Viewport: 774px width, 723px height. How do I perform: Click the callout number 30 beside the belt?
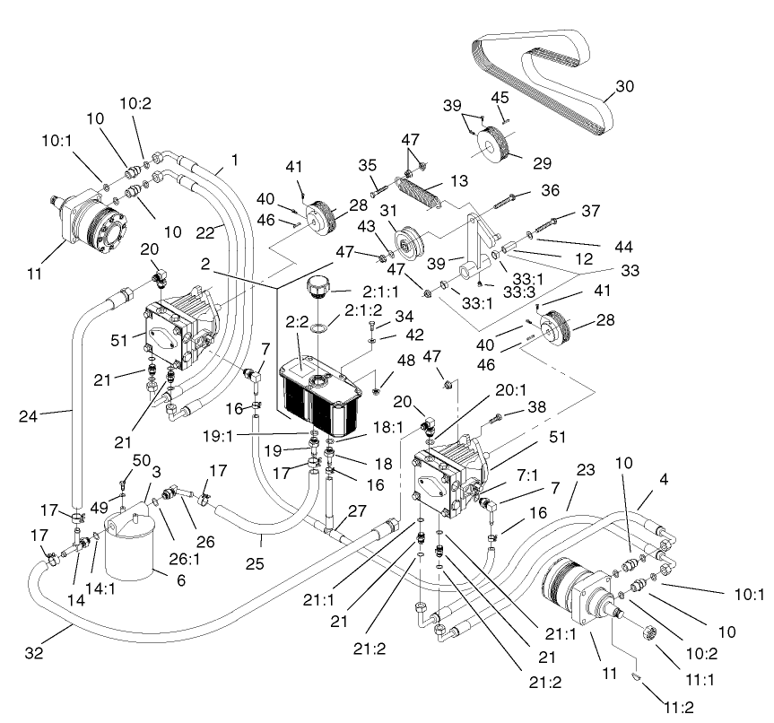tap(624, 88)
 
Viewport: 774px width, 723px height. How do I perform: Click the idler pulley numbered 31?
tap(413, 240)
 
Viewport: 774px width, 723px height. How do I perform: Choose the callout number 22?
tap(207, 232)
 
